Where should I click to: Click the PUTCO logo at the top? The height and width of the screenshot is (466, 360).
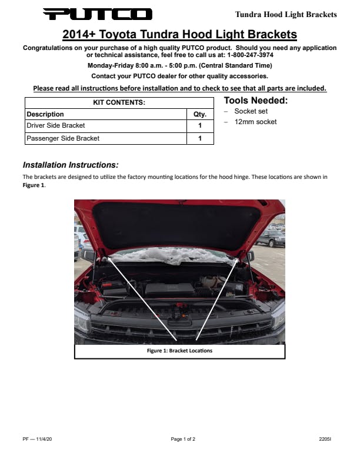coord(97,14)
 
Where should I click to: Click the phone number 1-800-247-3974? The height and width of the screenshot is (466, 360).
coord(249,54)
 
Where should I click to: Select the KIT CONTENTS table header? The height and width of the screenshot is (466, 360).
coord(119,102)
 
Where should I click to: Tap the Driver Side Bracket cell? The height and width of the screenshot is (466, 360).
coord(56,125)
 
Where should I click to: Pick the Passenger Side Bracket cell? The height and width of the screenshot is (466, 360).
coord(63,138)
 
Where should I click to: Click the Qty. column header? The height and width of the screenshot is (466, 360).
coord(200,114)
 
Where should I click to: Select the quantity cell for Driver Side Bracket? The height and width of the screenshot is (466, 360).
coord(200,125)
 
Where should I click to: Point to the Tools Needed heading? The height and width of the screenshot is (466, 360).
coord(256,101)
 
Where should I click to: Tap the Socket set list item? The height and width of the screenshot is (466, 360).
coord(251,111)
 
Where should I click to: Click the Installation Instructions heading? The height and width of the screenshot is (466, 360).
coord(71,165)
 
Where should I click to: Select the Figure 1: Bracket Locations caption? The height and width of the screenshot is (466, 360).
coord(179,351)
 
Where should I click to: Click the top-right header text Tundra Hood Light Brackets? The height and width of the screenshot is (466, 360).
coord(286,14)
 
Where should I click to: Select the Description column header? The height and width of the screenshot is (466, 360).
coord(45,114)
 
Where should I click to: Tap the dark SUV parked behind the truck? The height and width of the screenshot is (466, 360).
coord(271,237)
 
